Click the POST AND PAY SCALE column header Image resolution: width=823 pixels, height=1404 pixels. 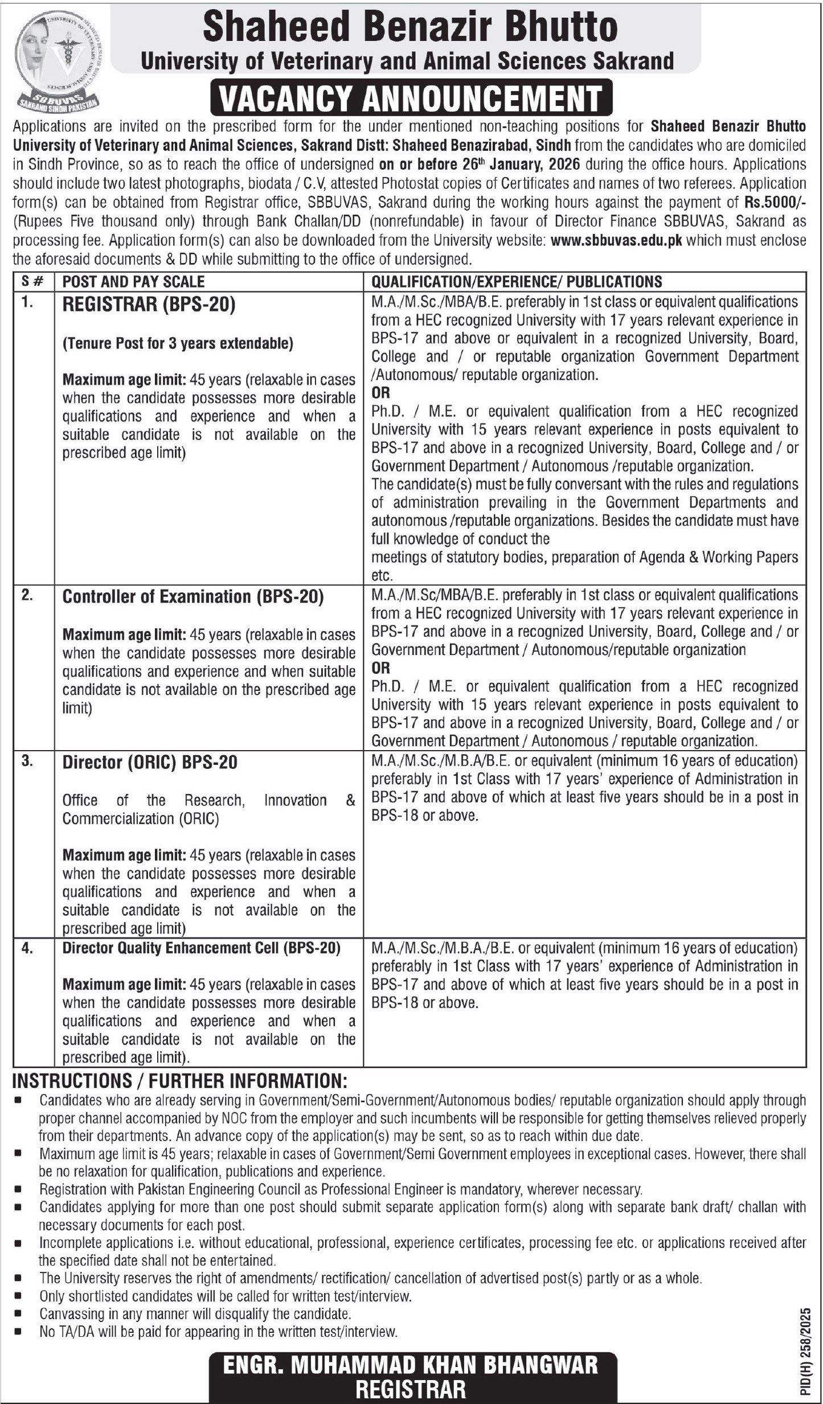tap(133, 281)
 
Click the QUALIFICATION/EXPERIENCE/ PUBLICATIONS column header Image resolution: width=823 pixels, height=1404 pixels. tap(517, 281)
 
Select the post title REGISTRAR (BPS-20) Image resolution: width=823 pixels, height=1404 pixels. tap(149, 305)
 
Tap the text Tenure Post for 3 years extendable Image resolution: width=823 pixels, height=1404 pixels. tap(178, 343)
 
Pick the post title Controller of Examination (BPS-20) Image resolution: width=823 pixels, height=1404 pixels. tap(193, 596)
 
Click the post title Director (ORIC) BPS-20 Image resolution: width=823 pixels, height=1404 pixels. tap(150, 763)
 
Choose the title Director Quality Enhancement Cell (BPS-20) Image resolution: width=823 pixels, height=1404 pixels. tap(201, 948)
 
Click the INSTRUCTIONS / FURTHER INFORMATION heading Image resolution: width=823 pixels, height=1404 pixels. tap(179, 1081)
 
